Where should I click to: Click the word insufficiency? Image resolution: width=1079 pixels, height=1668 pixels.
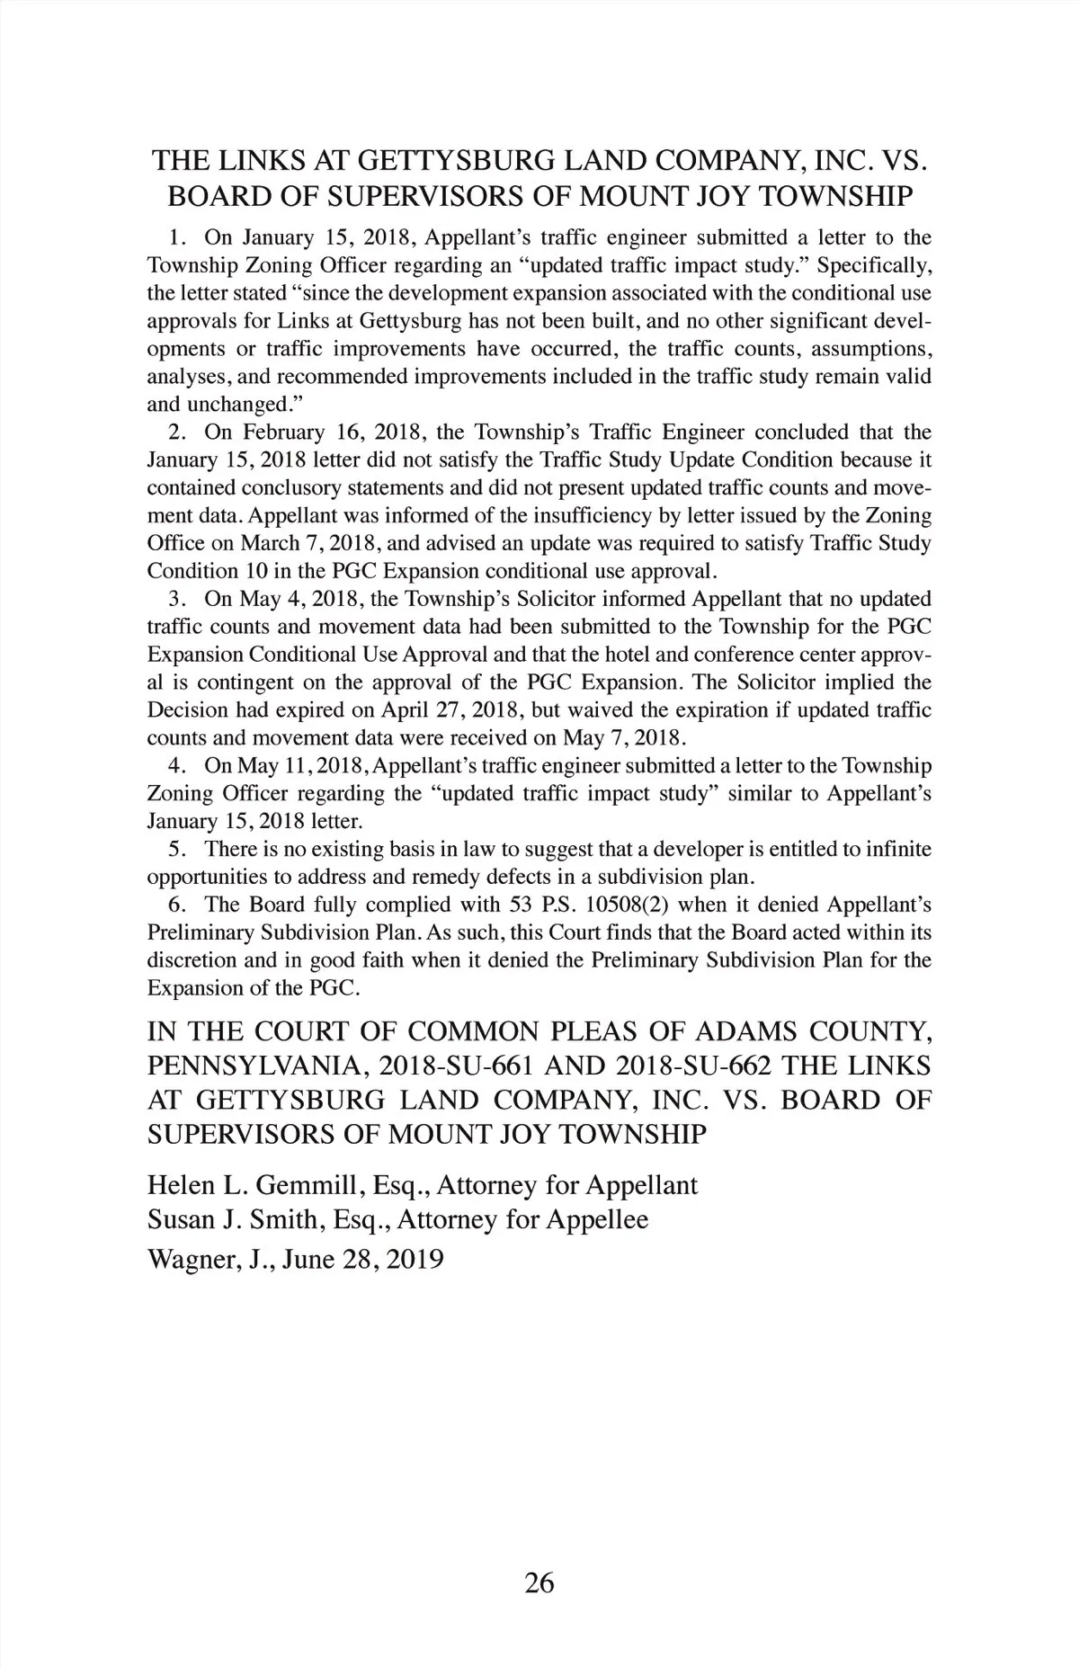click(x=647, y=516)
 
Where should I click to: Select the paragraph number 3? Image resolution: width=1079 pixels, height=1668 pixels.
click(x=176, y=599)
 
